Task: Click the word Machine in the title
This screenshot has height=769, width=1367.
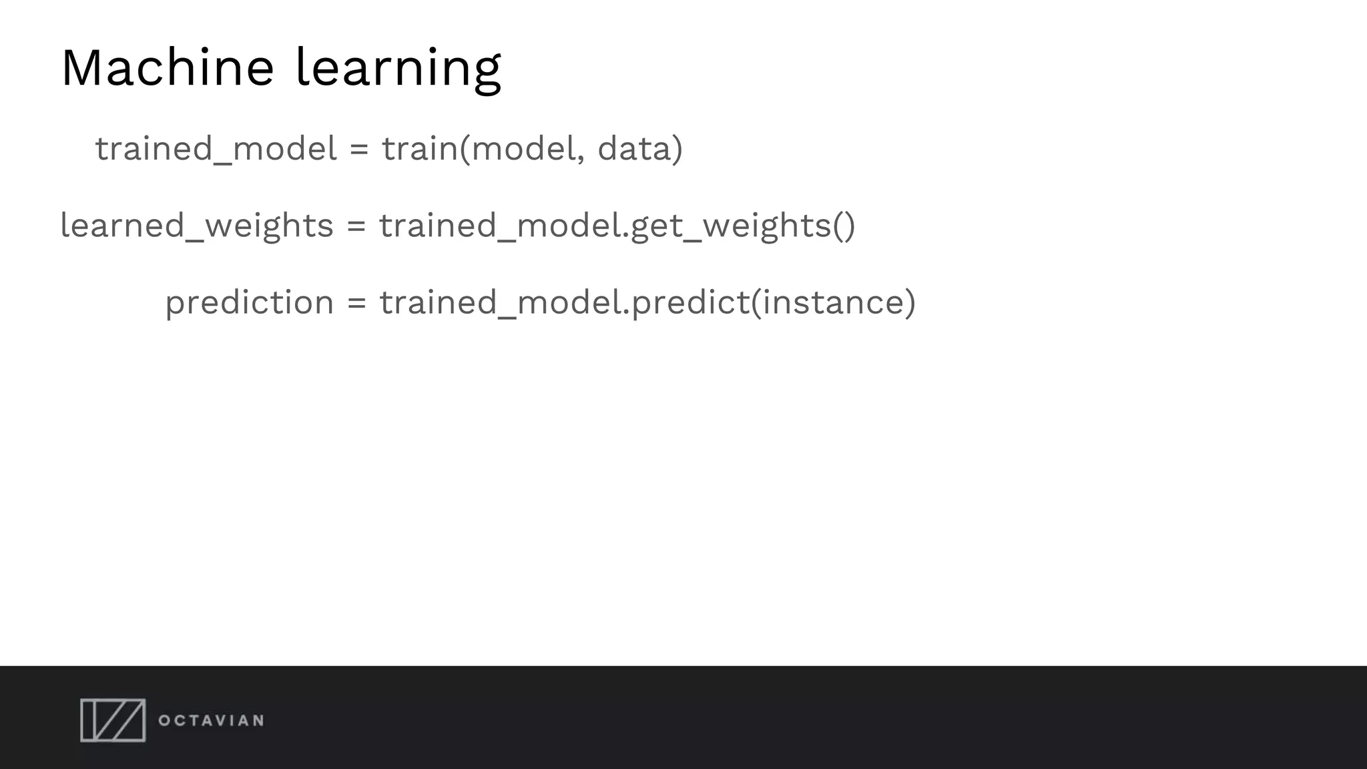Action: tap(167, 67)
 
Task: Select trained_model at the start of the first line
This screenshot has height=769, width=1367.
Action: tap(216, 148)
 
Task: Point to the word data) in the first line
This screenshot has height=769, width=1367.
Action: tap(639, 148)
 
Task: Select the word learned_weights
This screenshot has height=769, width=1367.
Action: tap(196, 226)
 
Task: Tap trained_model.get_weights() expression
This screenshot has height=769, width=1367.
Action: tap(617, 226)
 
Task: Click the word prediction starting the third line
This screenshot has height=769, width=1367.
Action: tap(249, 302)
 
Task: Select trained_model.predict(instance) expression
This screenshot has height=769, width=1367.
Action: tap(647, 302)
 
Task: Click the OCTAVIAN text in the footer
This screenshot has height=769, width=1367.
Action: tap(211, 720)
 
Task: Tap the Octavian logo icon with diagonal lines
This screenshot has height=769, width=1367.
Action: tap(113, 720)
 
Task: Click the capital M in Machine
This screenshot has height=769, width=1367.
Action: tap(85, 67)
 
